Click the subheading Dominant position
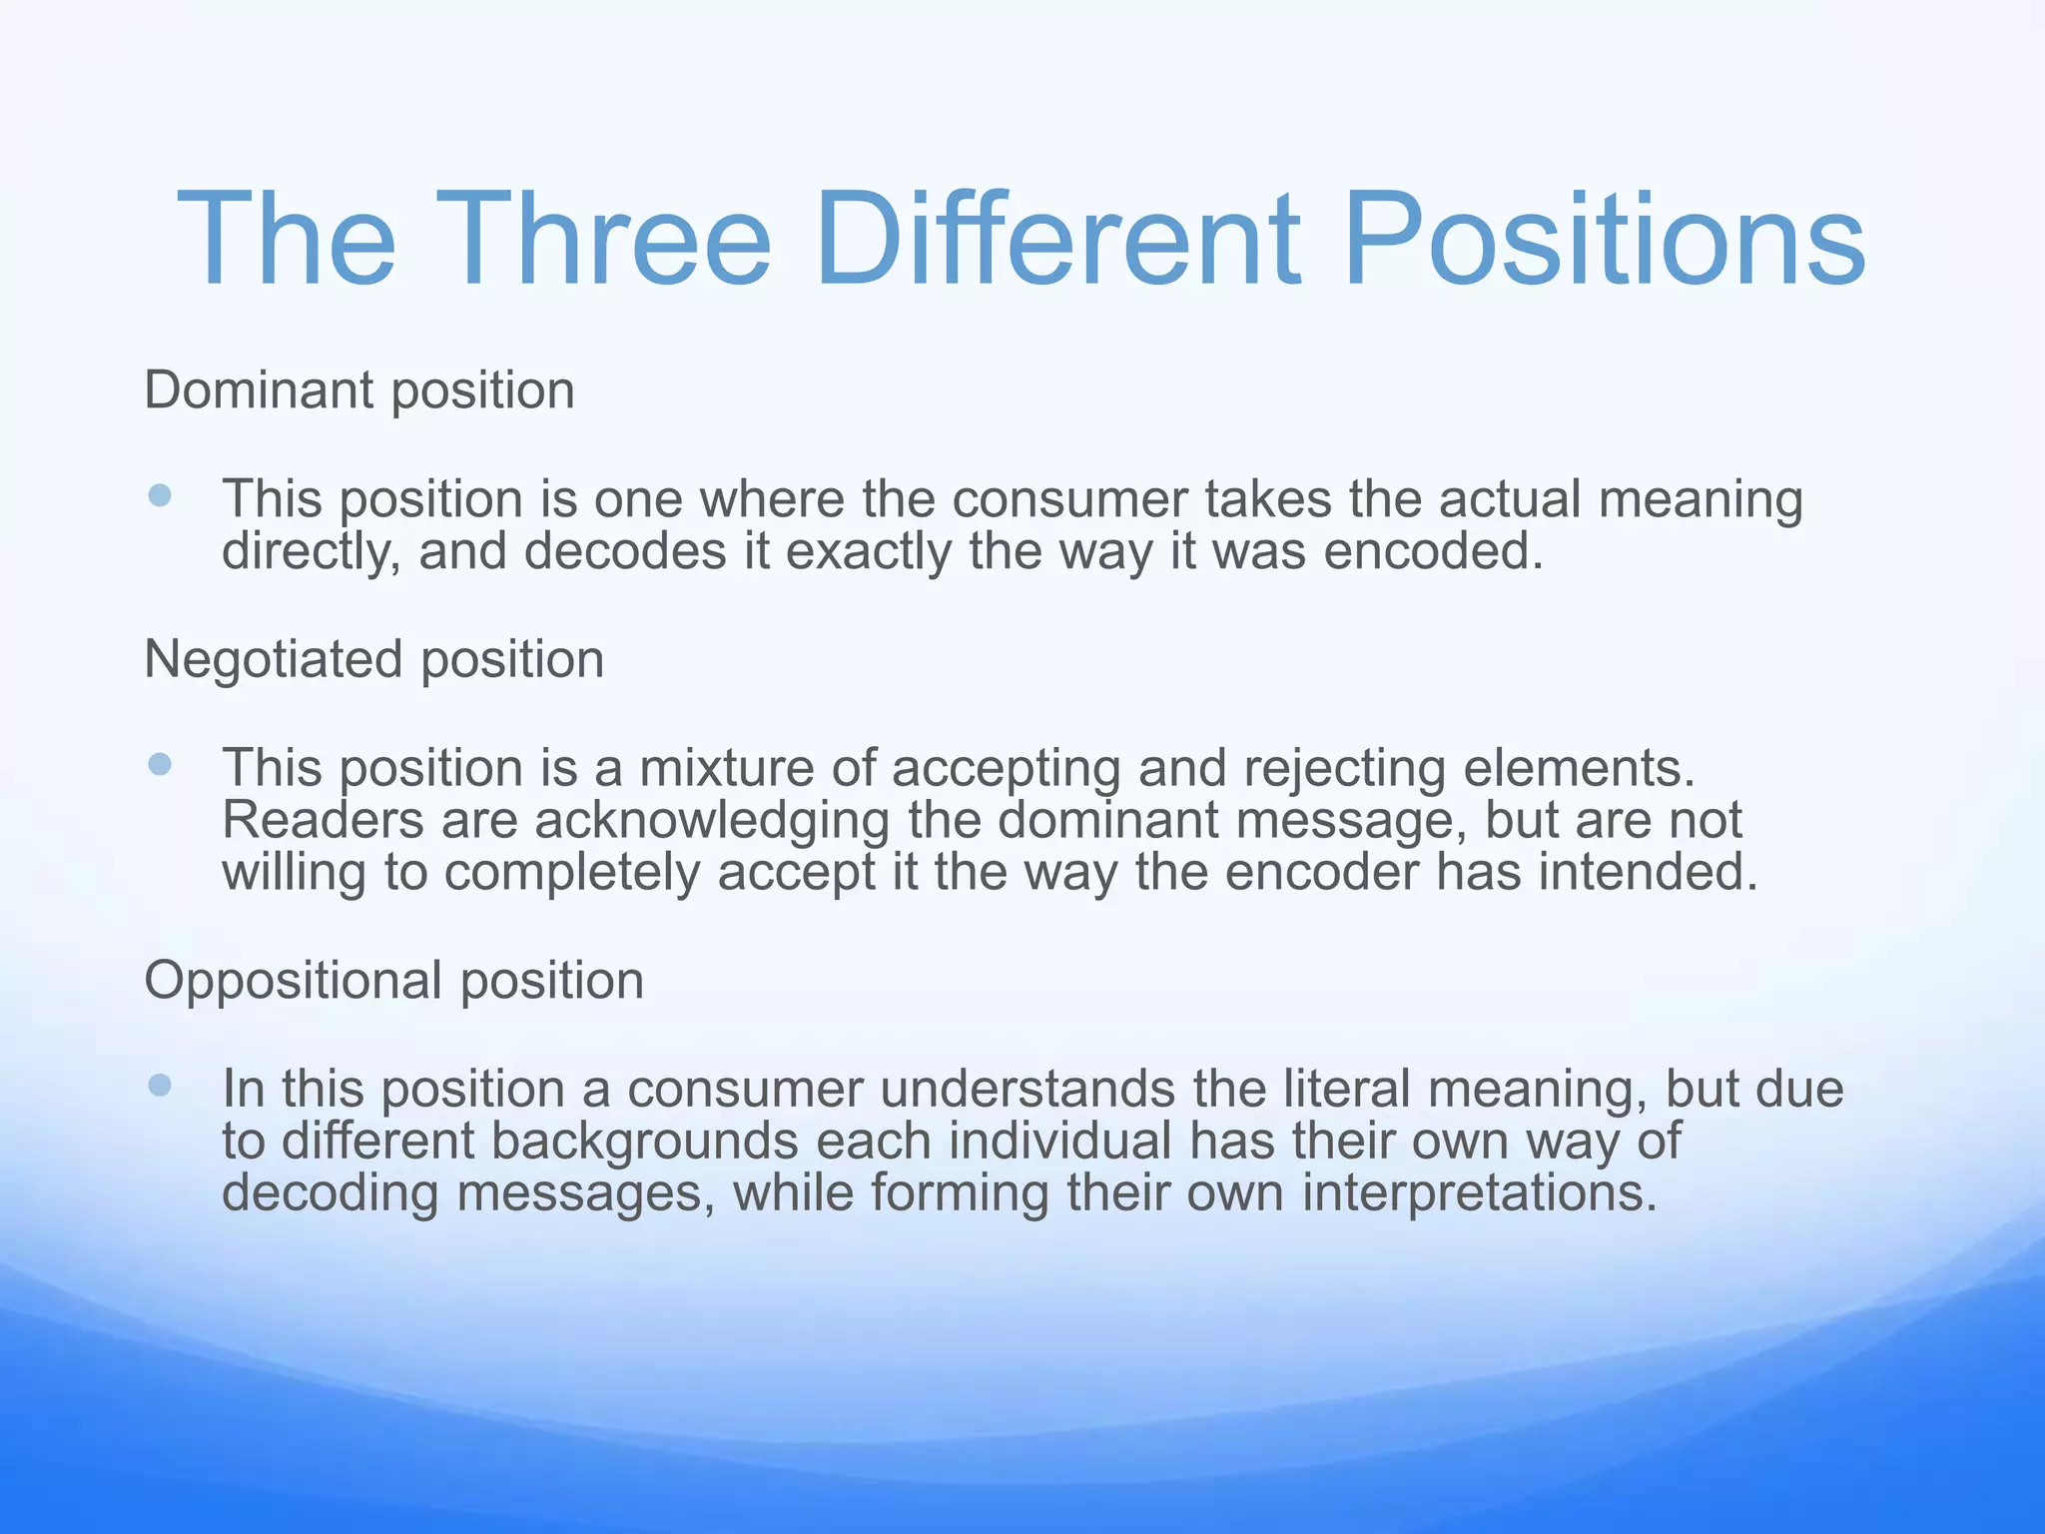[359, 390]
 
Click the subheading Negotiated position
[374, 660]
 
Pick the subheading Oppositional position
[394, 981]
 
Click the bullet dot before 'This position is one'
[160, 495]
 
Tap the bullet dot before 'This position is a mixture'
[160, 765]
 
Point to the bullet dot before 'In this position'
[160, 1086]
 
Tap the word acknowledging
[711, 821]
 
